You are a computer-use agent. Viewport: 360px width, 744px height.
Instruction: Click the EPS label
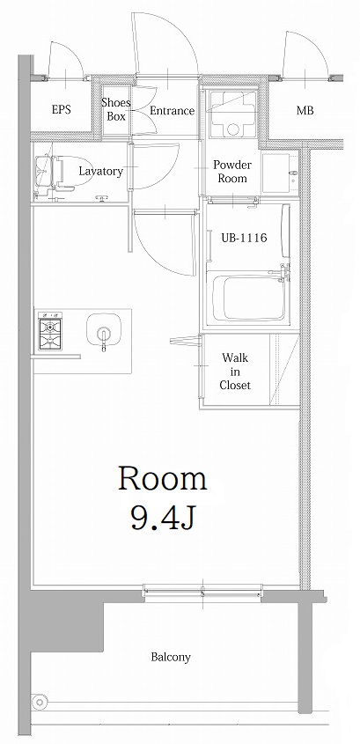61,110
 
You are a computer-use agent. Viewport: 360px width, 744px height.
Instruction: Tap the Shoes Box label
116,109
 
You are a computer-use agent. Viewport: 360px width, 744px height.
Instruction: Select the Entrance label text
172,110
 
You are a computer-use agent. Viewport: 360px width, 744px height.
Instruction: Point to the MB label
305,110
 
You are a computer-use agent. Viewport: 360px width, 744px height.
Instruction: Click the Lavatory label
100,171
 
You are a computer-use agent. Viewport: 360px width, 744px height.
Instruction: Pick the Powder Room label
232,172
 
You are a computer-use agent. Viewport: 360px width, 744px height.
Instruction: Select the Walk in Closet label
235,372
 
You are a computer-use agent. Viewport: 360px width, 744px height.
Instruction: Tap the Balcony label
171,657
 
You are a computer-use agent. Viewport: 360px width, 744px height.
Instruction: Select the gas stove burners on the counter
49,331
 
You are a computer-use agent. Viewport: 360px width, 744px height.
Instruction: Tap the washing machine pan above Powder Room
232,114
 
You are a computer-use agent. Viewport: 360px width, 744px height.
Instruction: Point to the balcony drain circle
39,702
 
